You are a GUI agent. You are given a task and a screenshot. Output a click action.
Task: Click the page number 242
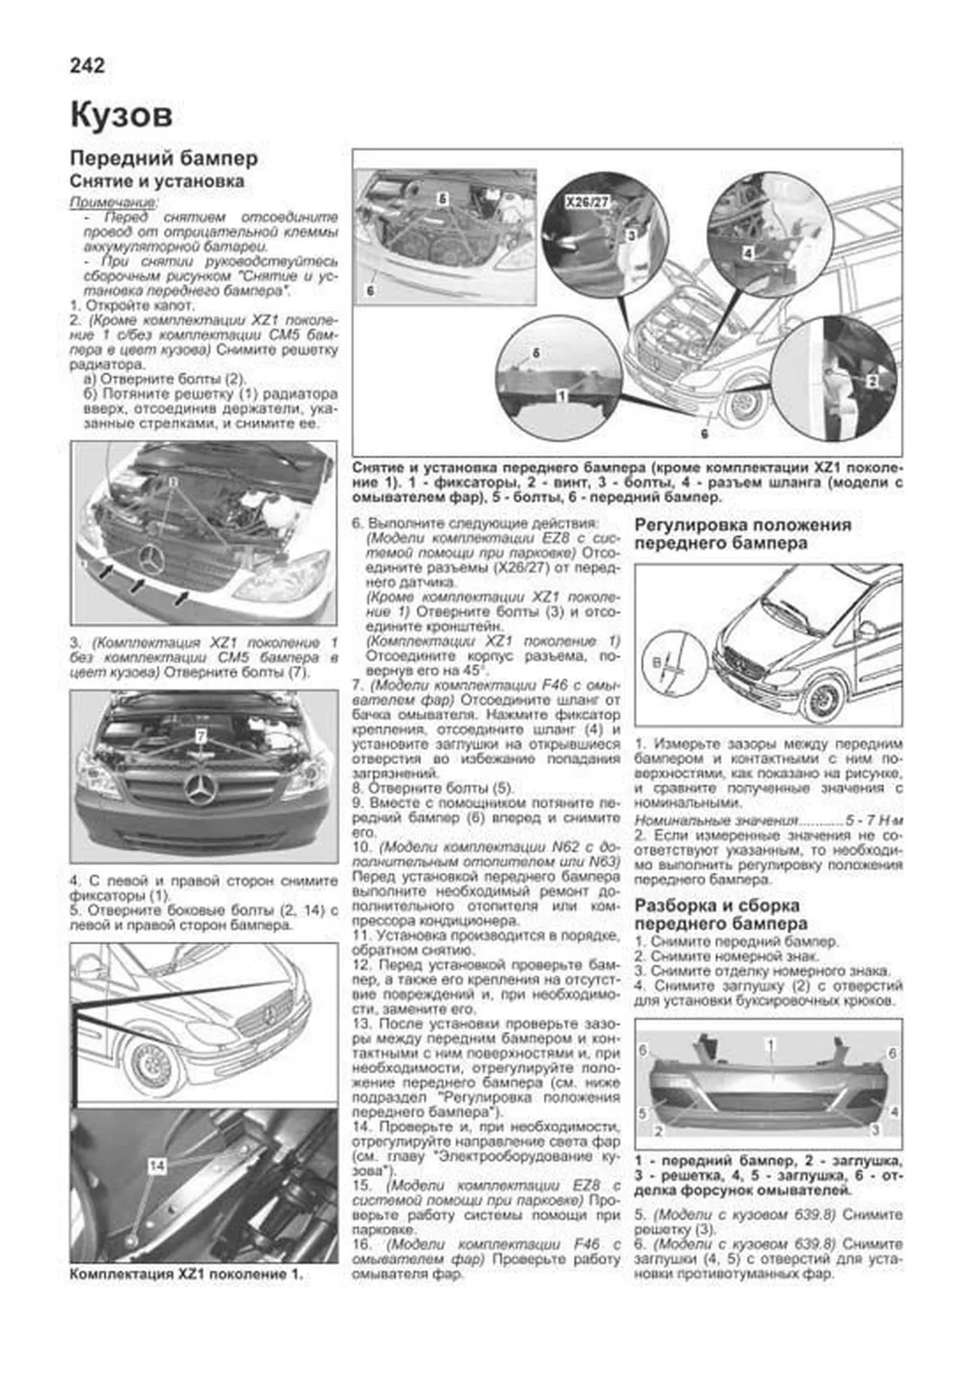pyautogui.click(x=87, y=65)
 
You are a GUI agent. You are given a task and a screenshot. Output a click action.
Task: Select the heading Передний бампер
pyautogui.click(x=164, y=157)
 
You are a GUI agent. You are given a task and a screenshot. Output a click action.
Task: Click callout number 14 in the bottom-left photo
pyautogui.click(x=157, y=1165)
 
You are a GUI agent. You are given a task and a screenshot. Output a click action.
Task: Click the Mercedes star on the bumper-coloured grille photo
pyautogui.click(x=202, y=789)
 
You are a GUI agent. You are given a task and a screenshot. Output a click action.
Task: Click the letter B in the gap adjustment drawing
pyautogui.click(x=655, y=662)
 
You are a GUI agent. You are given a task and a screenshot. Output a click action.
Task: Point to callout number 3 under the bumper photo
pyautogui.click(x=876, y=1129)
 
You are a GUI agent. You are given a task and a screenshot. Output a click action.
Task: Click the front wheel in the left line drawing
pyautogui.click(x=150, y=1068)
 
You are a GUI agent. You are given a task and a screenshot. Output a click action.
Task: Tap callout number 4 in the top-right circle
pyautogui.click(x=748, y=253)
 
